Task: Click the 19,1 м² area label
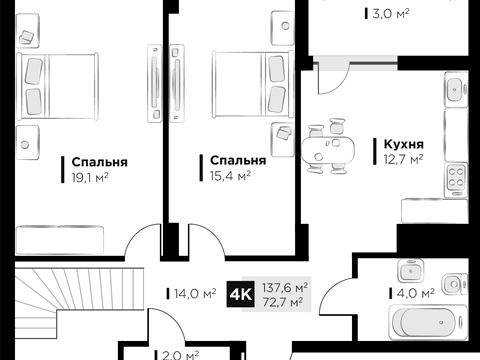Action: (x=89, y=177)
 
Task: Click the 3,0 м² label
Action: (x=376, y=15)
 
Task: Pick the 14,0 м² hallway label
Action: (x=196, y=294)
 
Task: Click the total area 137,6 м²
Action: (x=285, y=286)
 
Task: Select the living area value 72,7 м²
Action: (x=285, y=301)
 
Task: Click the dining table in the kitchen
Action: (x=327, y=148)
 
